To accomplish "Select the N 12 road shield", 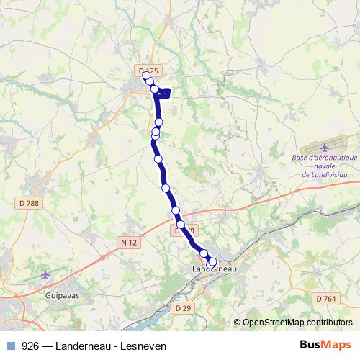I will coord(129,243).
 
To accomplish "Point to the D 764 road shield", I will coord(325,298).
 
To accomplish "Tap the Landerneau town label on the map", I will coord(216,269).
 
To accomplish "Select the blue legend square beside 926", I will coord(10,345).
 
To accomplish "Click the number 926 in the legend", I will coord(30,345).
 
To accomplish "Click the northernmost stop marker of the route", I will coord(147,76).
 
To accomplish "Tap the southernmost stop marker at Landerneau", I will coord(211,265).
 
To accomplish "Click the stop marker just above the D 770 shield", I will coord(176,210).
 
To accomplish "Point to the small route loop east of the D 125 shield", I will coord(166,91).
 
